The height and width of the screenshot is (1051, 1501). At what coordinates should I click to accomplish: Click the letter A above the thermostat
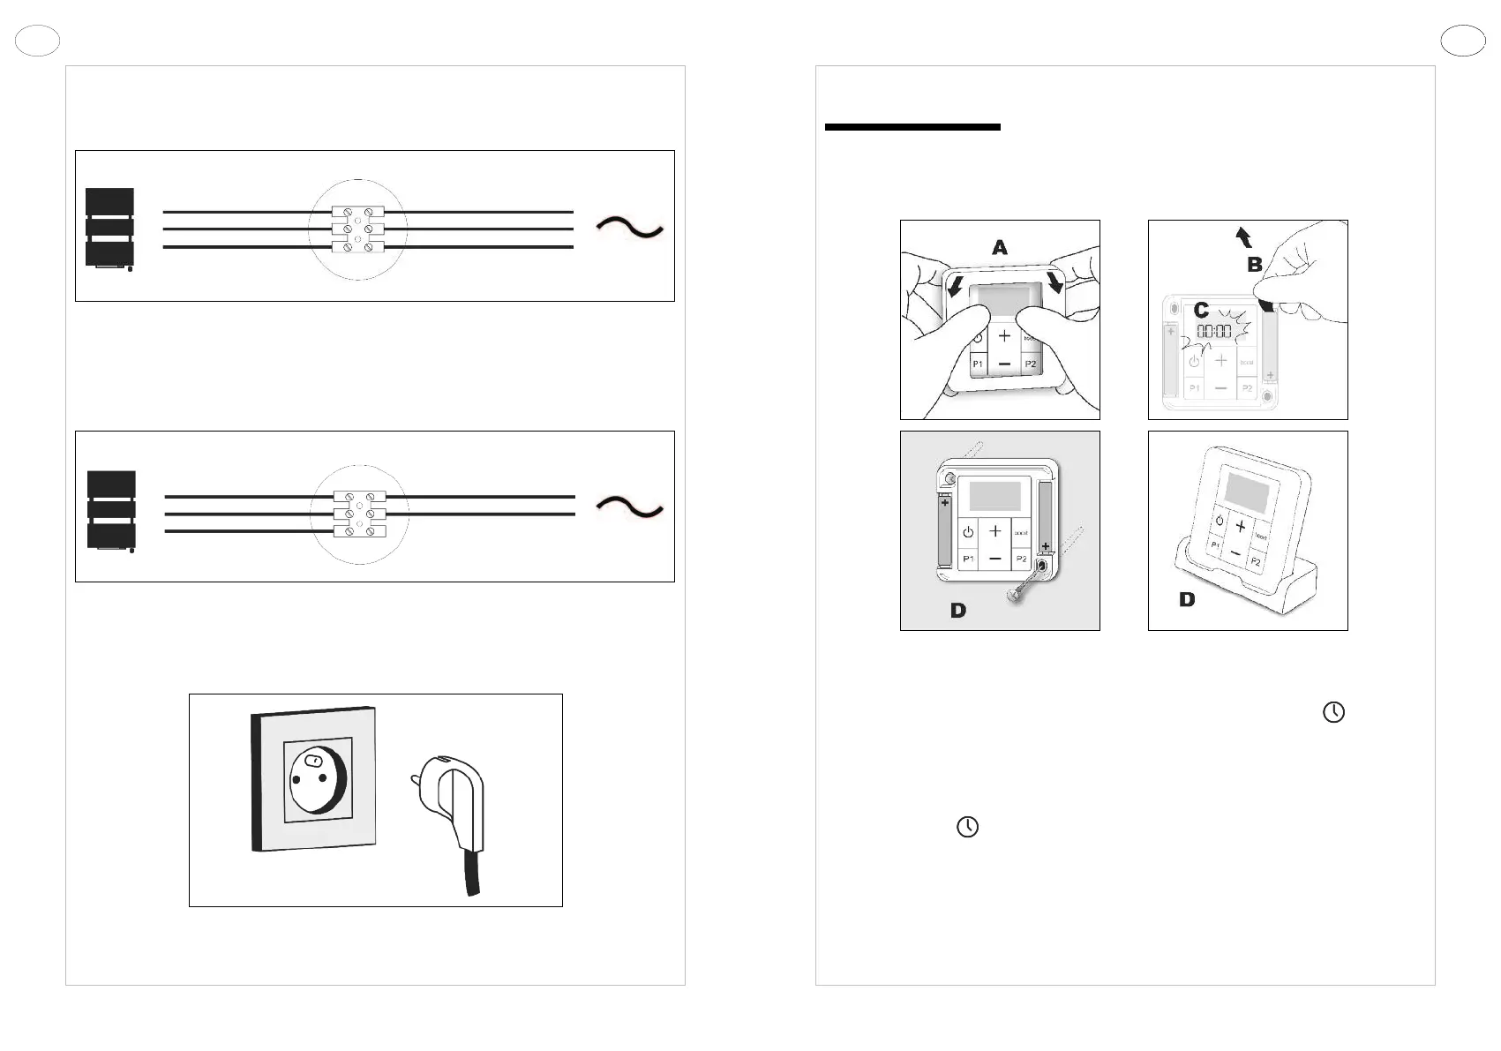[x=999, y=248]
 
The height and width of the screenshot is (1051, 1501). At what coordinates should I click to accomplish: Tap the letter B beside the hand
[x=1254, y=264]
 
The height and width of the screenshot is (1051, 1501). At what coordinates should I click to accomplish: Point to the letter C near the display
[x=1201, y=311]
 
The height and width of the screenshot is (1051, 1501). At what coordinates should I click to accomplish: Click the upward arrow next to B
[x=1243, y=236]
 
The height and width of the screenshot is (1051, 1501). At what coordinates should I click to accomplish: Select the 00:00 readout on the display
[x=1213, y=332]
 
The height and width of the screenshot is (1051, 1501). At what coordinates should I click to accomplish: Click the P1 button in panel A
[x=978, y=364]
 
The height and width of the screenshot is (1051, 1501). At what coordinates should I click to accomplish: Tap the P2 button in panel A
[x=1030, y=364]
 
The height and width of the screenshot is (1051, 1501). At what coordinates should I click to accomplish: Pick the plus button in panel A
[x=1004, y=335]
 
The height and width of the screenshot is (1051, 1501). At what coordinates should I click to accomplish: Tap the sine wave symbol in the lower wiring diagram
[x=629, y=507]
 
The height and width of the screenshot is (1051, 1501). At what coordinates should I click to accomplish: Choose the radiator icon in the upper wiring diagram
[x=110, y=228]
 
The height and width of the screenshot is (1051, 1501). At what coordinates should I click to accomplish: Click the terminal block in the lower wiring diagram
[x=359, y=514]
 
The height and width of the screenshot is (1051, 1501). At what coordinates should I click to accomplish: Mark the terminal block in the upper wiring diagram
[x=357, y=229]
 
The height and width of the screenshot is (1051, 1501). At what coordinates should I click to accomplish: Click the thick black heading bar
[x=912, y=127]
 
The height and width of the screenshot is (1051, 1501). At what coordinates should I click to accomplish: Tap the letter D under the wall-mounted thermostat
[x=957, y=610]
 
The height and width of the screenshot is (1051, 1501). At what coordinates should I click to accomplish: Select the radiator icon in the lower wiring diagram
[x=111, y=510]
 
